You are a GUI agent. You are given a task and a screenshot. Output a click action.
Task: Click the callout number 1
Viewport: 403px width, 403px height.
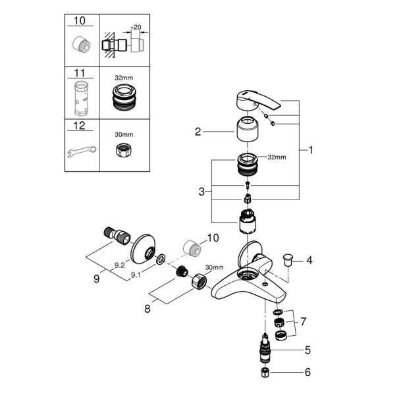(x=311, y=150)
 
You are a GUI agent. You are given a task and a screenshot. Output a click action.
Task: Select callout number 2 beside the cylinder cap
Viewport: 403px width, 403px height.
(x=197, y=132)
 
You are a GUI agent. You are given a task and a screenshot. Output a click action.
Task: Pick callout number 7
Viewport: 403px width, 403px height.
(x=304, y=323)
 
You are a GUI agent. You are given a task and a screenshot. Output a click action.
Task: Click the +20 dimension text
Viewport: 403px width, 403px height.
(x=136, y=28)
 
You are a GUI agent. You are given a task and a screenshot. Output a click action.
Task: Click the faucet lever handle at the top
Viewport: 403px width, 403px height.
(x=257, y=102)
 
